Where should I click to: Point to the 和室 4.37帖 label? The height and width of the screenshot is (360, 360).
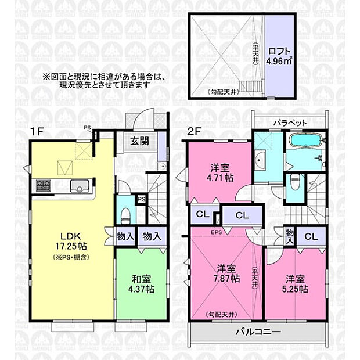click(142, 282)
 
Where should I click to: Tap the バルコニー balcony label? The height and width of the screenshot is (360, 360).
click(258, 333)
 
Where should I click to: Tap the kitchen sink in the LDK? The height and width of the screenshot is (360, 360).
click(79, 186)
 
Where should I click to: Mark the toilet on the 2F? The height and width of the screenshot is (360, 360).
click(296, 182)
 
